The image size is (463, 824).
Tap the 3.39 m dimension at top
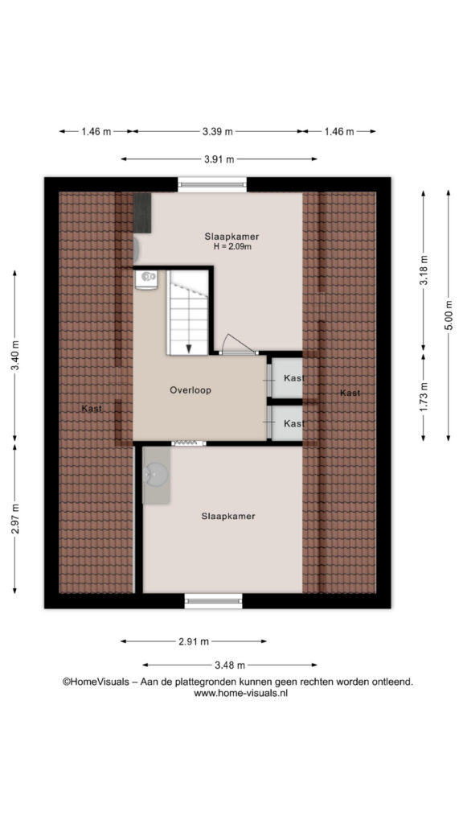coord(217,132)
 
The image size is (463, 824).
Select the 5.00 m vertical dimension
coord(449,315)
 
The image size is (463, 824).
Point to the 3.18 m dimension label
coord(424,270)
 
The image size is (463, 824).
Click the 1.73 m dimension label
coord(424,397)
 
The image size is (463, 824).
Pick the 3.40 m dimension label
coord(15,356)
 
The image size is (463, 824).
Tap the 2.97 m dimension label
coord(15,519)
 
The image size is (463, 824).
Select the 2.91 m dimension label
coord(193,641)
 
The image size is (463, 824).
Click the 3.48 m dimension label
coord(229,665)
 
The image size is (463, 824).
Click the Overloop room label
coord(191,390)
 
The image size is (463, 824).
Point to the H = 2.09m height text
coord(232,246)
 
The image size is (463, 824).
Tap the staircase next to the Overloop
coord(188,312)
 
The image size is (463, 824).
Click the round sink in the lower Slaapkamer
coord(156,474)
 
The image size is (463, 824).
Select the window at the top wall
coord(212,184)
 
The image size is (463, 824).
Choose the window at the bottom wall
coord(214,600)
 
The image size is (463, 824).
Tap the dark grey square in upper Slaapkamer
coord(142,212)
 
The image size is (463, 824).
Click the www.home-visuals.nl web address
coord(240,693)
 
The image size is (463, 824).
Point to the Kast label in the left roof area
coord(92,408)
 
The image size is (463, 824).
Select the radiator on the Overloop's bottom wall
coord(188,443)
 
